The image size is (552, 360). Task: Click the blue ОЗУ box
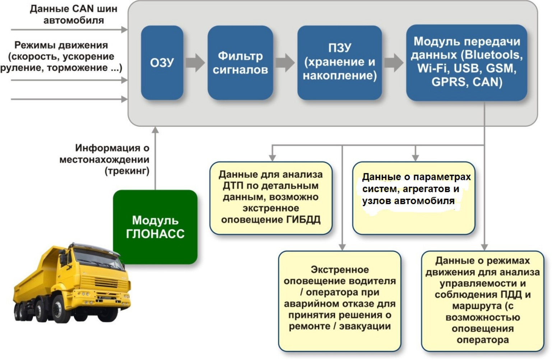point(162,63)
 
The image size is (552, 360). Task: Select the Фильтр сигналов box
point(240,63)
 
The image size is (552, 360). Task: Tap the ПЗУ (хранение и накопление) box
point(339,63)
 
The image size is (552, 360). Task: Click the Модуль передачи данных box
point(467,62)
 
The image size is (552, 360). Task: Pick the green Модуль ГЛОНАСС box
point(155,227)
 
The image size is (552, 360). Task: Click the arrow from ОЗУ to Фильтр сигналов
point(195,62)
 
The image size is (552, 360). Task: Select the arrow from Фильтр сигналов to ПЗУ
point(285,62)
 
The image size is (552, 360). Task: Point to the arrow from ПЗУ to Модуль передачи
point(394,62)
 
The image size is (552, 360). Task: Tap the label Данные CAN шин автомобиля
point(73,14)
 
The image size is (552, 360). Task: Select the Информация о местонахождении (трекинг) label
point(108,159)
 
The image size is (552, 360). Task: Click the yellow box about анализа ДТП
point(271,198)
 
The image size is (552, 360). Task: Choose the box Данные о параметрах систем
point(414,198)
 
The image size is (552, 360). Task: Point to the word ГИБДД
point(303,220)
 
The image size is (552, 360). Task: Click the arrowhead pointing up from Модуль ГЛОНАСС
point(155,130)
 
